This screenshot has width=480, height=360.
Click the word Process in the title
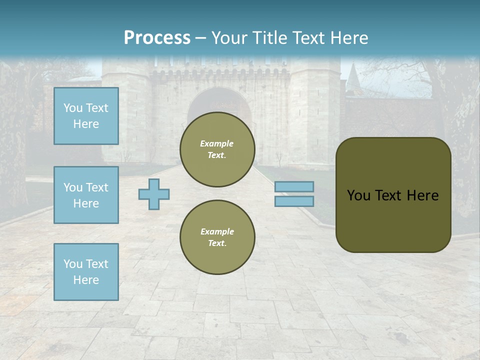(157, 37)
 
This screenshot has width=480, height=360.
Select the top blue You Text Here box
(86, 116)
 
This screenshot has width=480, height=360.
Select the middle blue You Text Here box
(86, 195)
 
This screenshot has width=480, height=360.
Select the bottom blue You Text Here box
(86, 271)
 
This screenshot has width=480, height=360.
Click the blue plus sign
(154, 194)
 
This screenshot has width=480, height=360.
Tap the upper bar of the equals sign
(294, 186)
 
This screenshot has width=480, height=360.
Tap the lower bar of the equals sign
(294, 201)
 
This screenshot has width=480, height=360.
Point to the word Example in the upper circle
(217, 143)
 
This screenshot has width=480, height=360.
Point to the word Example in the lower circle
(217, 231)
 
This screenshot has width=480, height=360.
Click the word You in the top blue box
(73, 108)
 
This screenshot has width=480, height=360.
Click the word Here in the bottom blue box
(86, 280)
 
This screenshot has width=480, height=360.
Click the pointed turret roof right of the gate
(352, 75)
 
